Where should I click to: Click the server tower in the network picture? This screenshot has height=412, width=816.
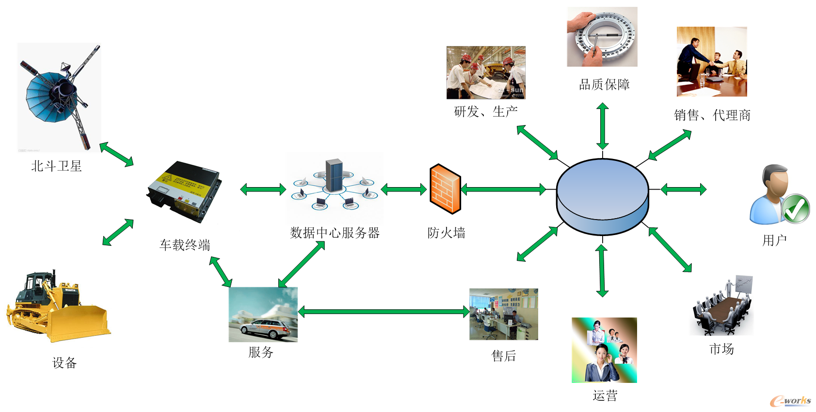[334, 175]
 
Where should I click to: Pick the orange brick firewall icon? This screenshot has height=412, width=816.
[445, 189]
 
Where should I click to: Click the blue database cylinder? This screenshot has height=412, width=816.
[602, 196]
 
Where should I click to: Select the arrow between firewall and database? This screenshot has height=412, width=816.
[503, 189]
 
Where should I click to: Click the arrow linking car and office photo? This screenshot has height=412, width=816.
[383, 312]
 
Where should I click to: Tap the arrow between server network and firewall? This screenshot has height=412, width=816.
[404, 189]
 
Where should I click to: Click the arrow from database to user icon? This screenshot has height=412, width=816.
[683, 190]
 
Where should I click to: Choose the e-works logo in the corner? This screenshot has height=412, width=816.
[790, 400]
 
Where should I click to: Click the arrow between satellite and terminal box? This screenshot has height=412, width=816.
[116, 155]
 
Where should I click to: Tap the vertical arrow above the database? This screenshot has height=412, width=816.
[603, 126]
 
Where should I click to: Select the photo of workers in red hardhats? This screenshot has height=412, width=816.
[486, 73]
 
